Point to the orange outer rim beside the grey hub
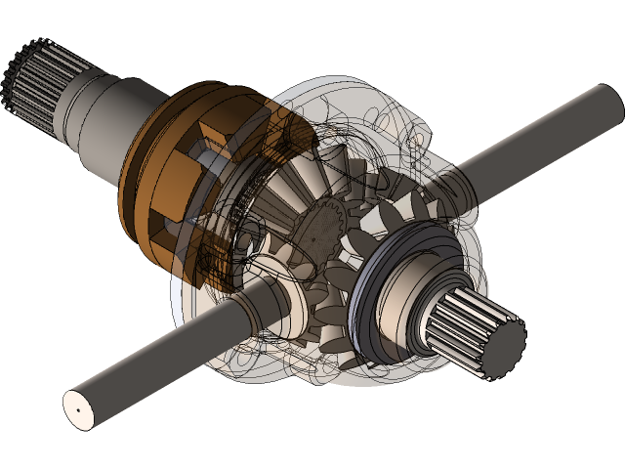[x=146, y=176]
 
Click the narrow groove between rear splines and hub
[x=61, y=88]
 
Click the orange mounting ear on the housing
[x=405, y=122]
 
